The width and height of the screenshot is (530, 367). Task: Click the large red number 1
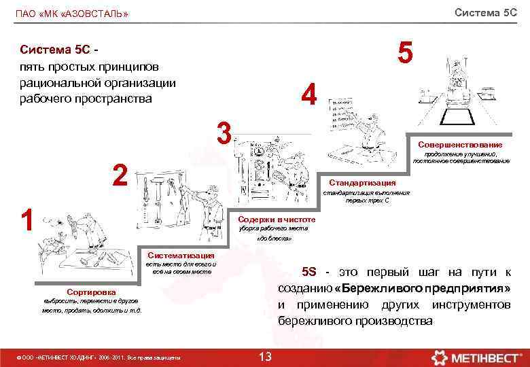click(27, 220)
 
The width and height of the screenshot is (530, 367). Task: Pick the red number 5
click(405, 53)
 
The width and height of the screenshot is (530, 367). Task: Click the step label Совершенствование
click(460, 145)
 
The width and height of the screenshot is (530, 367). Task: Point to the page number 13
click(266, 356)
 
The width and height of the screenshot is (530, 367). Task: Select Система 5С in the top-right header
click(485, 13)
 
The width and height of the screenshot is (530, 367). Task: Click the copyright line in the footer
click(102, 357)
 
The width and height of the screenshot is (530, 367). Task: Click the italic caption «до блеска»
click(275, 239)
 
